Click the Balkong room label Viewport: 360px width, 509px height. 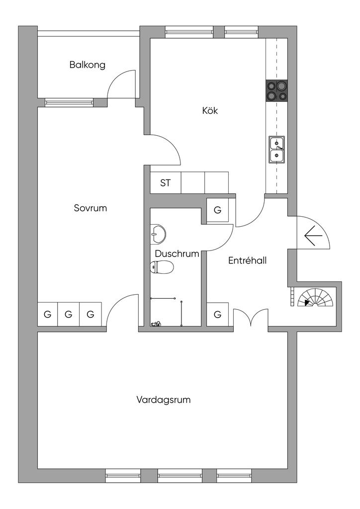[88, 65]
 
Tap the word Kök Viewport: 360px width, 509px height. [210, 110]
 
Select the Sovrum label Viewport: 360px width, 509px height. [90, 208]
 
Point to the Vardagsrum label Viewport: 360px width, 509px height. [163, 400]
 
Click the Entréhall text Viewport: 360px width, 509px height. [247, 260]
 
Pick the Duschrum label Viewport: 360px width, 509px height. [177, 254]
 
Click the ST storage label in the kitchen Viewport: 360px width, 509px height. [165, 183]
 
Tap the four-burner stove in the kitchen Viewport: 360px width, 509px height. [276, 90]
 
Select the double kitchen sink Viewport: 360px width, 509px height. [276, 150]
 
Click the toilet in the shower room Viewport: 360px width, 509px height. [162, 267]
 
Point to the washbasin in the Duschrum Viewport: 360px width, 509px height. [158, 234]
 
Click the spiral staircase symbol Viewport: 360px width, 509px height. [315, 297]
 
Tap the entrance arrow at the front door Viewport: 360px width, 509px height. [313, 235]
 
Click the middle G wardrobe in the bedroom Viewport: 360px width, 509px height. [69, 314]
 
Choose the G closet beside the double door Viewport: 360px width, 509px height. [218, 314]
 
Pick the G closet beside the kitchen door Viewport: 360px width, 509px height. [218, 210]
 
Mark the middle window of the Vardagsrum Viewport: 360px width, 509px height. [180, 476]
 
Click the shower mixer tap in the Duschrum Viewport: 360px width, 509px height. [156, 323]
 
